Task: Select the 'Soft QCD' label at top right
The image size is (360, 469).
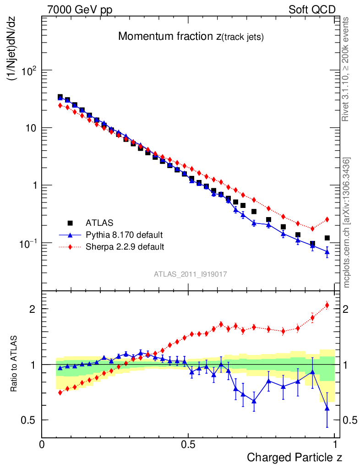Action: coord(312,10)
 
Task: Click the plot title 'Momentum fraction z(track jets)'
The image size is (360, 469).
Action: coord(191,37)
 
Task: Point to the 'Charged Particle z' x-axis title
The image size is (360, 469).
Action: coord(295,457)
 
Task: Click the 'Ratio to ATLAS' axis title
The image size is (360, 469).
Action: coord(14,365)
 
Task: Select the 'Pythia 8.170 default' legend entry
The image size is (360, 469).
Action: coord(124,235)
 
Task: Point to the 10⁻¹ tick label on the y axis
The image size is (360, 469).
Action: coord(28,243)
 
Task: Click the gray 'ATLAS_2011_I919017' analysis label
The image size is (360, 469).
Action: coord(191,274)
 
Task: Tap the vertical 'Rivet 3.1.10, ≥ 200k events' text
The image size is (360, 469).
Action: coord(346,70)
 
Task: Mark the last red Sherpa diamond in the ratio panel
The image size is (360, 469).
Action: coord(327,305)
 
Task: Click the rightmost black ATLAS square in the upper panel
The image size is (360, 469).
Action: coord(327,238)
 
